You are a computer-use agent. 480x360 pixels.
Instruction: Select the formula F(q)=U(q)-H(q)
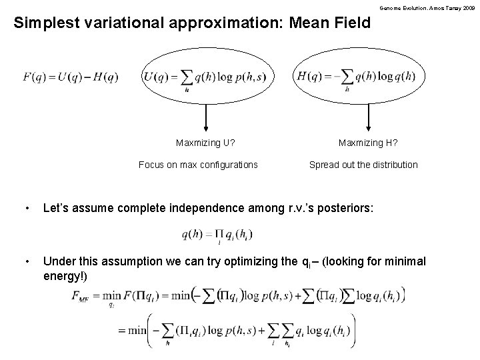click(x=71, y=77)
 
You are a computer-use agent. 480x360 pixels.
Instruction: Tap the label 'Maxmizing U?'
click(x=205, y=142)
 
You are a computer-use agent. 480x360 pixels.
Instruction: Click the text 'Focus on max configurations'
click(x=197, y=165)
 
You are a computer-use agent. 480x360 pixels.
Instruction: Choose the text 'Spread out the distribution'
click(x=363, y=165)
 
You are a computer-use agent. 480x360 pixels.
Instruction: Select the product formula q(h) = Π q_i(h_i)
click(x=216, y=235)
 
